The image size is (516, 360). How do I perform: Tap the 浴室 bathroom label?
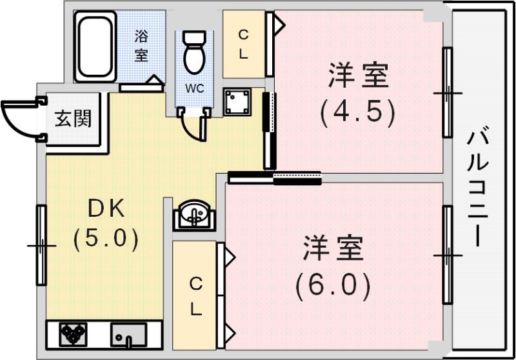(x=141, y=45)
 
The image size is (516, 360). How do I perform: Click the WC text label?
(x=195, y=88)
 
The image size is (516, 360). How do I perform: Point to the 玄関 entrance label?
(x=73, y=119)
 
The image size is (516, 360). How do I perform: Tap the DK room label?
(x=104, y=208)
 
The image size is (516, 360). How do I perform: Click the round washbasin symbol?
(x=193, y=214)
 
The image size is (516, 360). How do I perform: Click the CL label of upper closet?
(x=244, y=45)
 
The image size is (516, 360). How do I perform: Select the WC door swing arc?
(x=195, y=129)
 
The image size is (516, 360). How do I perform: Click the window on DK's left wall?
(x=41, y=245)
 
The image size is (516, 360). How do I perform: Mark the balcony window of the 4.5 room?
(x=446, y=93)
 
